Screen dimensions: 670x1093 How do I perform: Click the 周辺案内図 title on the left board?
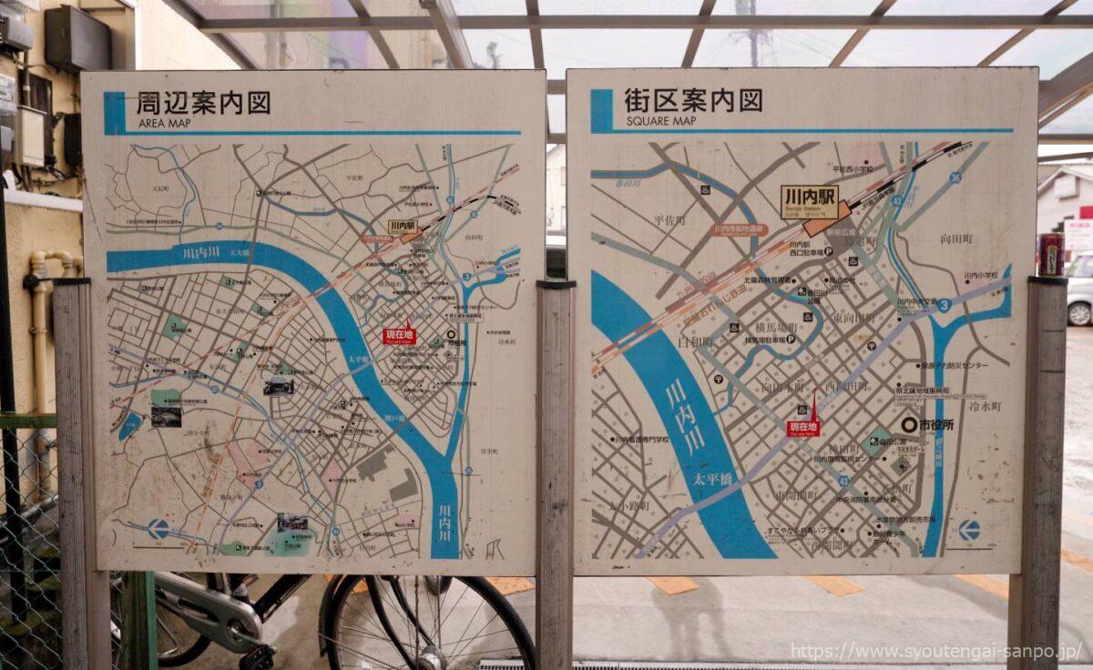pos(203,103)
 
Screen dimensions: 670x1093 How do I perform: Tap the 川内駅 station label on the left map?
pos(402,226)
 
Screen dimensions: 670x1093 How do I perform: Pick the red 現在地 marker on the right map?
pos(802,427)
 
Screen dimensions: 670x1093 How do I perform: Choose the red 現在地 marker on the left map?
pos(399,335)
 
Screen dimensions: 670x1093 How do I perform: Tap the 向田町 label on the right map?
pos(956,239)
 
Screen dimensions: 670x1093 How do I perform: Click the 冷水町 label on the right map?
pos(985,406)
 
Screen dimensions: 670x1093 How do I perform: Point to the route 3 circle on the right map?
pos(945,306)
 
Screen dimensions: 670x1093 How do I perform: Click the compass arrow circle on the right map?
pos(969,530)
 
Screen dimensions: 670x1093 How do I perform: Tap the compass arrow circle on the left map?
pos(158,528)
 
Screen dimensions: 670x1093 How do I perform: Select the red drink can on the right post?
pos(1051,254)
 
